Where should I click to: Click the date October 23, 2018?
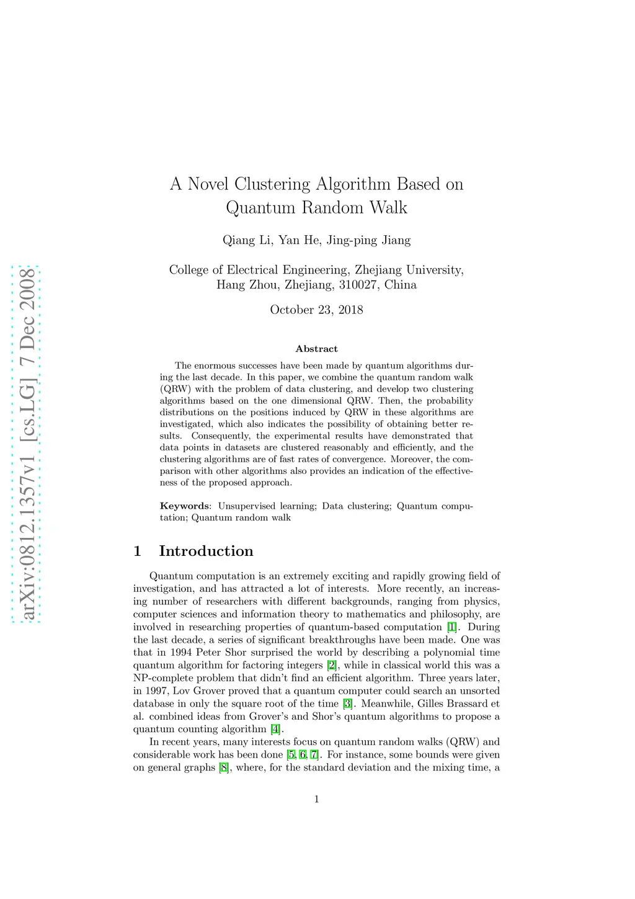tap(316, 310)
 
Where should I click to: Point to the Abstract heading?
tap(316, 349)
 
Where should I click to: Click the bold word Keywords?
tap(184, 506)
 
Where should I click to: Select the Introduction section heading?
tap(206, 551)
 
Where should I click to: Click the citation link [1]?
tap(452, 627)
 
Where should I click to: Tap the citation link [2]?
tap(332, 665)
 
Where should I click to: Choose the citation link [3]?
tap(348, 704)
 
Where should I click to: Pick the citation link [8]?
tap(224, 767)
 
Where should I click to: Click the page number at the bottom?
tap(316, 799)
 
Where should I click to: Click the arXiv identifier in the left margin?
tap(27, 444)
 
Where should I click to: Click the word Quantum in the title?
tap(260, 207)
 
